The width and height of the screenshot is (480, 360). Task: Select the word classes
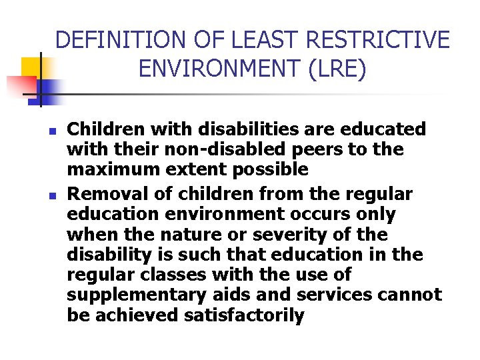point(175,275)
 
